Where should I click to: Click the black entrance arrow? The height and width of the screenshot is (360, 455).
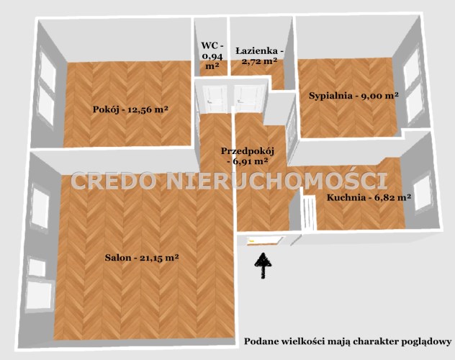(x=263, y=266)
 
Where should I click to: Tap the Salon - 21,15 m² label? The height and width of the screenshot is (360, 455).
(x=142, y=258)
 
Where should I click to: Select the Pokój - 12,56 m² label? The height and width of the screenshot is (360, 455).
(x=130, y=109)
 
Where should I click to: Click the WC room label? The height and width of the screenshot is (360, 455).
(x=212, y=55)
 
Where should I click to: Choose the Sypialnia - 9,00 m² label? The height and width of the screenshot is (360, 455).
(x=353, y=96)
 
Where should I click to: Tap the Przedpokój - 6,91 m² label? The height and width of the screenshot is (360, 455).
(x=248, y=156)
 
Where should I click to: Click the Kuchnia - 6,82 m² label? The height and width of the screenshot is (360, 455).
(x=369, y=198)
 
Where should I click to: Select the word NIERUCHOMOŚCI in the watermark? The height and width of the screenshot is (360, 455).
(x=278, y=180)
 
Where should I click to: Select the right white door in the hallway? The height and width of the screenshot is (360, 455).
(x=250, y=99)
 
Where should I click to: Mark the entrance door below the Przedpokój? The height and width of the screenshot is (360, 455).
(x=265, y=241)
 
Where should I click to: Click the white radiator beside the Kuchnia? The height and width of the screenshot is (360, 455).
(x=308, y=213)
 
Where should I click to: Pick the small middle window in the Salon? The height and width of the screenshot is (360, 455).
(x=37, y=267)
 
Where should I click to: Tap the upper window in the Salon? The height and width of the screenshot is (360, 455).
(x=40, y=207)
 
